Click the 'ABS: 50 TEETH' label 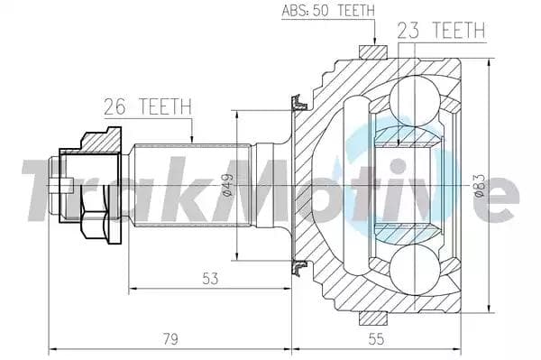click(328, 10)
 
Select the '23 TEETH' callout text click(441, 31)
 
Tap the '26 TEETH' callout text click(148, 106)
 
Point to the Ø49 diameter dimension click(228, 185)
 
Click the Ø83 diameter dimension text click(480, 186)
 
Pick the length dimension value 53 click(210, 278)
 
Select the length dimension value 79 click(170, 338)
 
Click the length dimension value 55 click(376, 338)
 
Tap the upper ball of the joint click(415, 101)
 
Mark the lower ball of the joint click(415, 270)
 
